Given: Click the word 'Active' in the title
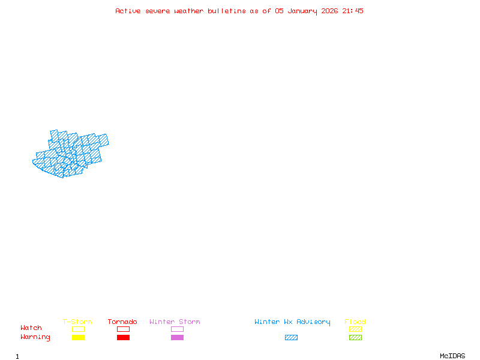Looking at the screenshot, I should coord(128,11).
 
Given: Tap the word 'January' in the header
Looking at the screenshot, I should coord(302,11).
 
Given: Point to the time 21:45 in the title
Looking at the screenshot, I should coord(353,11).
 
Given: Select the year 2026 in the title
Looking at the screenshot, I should coord(330,11).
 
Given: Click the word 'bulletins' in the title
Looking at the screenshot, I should coord(227,11).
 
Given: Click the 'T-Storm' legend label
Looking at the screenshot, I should coord(77,322).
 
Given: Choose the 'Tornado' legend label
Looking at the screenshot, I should coord(122,322).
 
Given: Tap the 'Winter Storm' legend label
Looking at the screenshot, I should coord(175,322).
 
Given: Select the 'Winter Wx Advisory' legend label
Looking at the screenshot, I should coord(292,322).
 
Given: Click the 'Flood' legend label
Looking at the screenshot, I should coord(355,322).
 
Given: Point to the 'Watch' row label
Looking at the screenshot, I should coord(31,328).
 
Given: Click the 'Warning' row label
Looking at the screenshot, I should coord(35,337).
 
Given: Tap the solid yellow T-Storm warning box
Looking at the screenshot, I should coord(78,338).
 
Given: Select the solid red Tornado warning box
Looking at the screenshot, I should coord(123,338).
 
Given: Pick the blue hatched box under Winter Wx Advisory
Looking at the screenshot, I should coord(291,338).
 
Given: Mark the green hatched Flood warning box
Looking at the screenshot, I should coord(355,338).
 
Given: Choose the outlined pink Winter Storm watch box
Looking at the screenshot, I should coord(177,329).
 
